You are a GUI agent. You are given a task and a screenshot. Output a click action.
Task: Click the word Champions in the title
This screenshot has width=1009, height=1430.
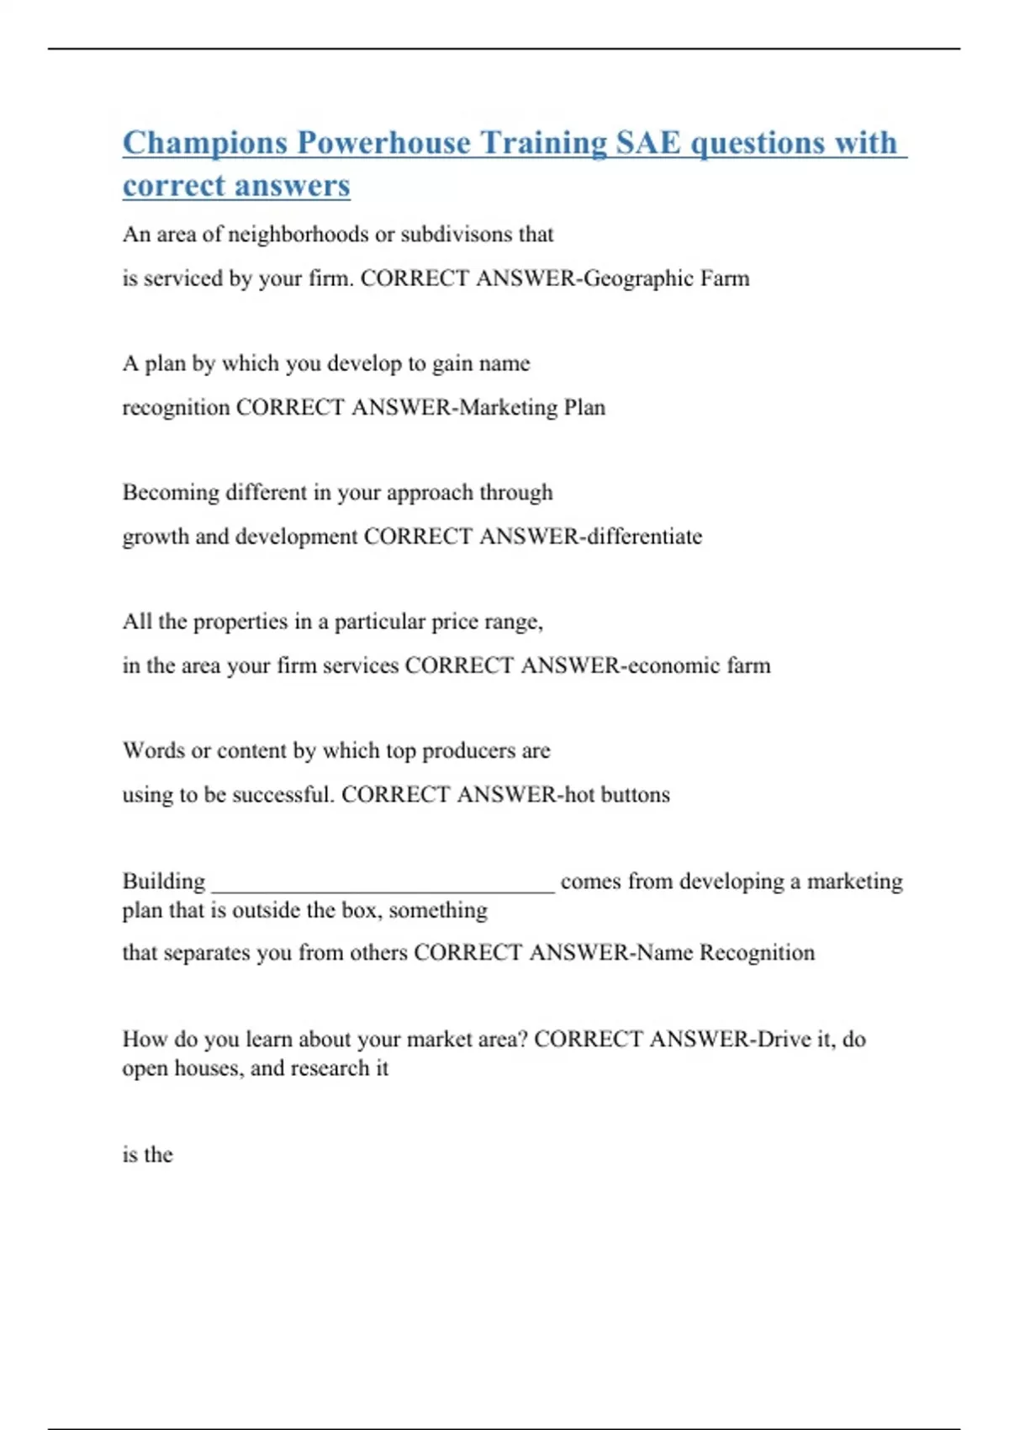pyautogui.click(x=205, y=143)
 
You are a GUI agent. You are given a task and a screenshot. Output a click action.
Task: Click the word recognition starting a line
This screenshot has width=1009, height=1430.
pyautogui.click(x=176, y=407)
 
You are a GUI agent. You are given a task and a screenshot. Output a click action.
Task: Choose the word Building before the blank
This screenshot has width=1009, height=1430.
pyautogui.click(x=164, y=881)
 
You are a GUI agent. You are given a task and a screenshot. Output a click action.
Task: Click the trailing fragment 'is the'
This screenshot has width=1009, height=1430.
pyautogui.click(x=148, y=1154)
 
